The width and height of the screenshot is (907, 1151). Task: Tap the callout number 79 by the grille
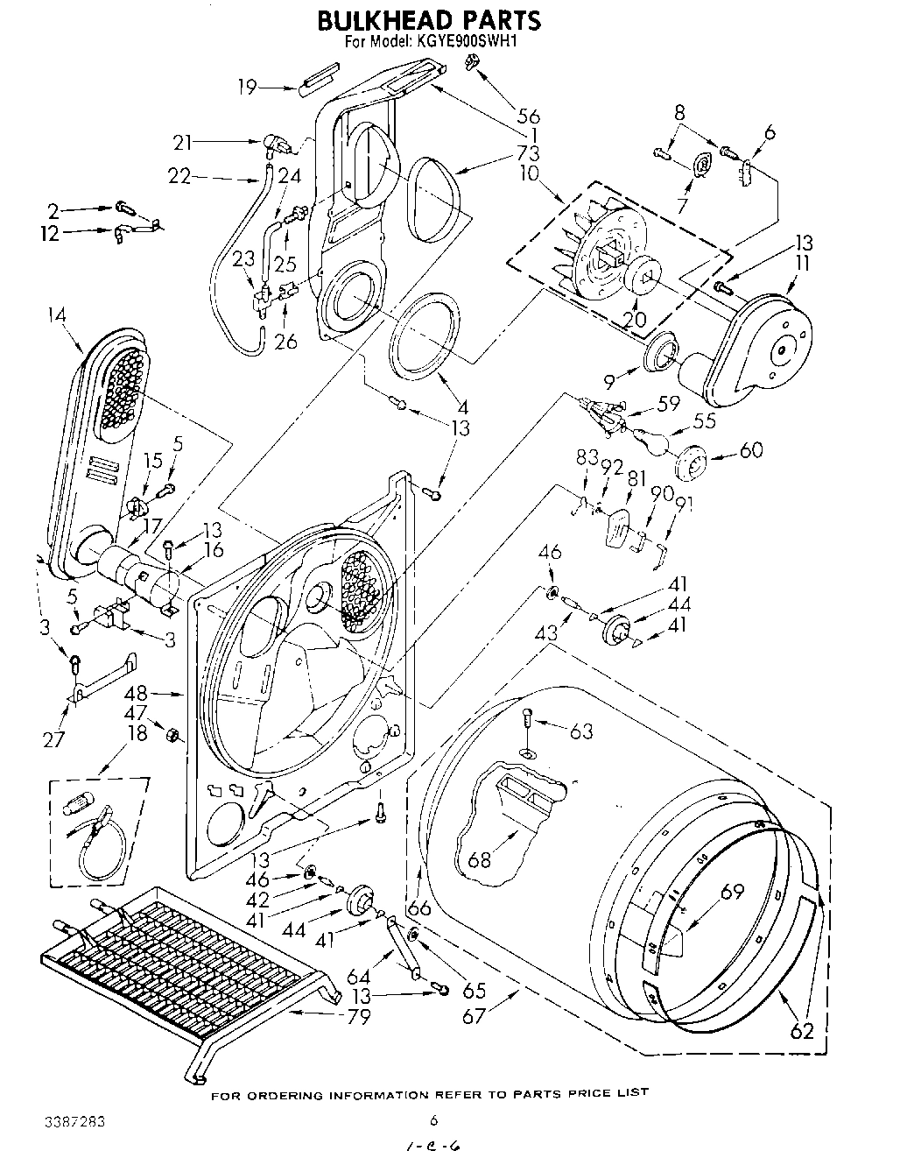pos(358,1017)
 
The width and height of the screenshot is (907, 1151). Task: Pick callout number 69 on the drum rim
pos(732,892)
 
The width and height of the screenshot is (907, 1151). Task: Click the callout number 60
pos(750,450)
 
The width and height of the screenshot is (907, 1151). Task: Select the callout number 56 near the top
pos(528,116)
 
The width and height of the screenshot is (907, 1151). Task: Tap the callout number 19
pos(248,86)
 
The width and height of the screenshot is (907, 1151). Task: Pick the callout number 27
pos(54,740)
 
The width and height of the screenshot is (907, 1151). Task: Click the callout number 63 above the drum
pos(581,731)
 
